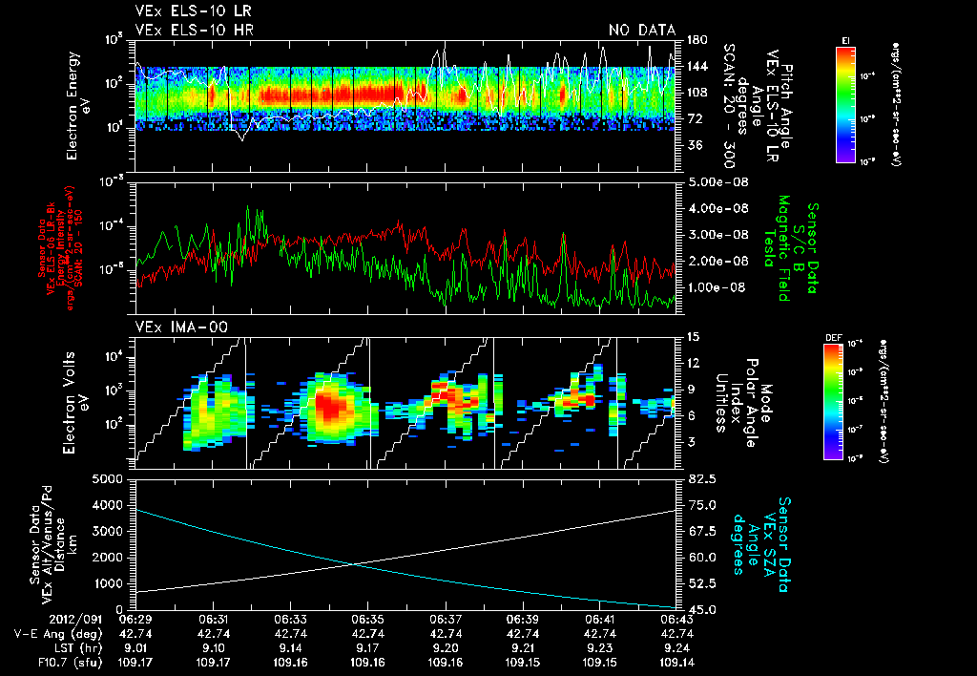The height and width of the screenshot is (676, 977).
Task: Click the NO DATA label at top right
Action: pyautogui.click(x=642, y=30)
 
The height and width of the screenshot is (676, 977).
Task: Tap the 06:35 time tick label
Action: pyautogui.click(x=368, y=619)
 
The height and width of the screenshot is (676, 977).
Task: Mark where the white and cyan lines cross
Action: pyautogui.click(x=355, y=564)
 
